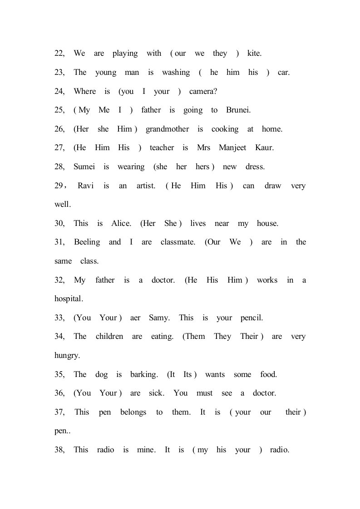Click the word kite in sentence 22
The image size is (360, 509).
[x=254, y=54]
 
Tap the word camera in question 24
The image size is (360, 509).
[x=203, y=91]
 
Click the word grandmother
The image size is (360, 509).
[x=167, y=129]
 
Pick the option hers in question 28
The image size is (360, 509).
[x=202, y=167]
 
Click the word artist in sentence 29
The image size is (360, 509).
[x=146, y=186]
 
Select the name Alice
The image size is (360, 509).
[x=121, y=224]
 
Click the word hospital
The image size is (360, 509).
[x=69, y=299]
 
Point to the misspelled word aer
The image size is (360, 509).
[x=135, y=318]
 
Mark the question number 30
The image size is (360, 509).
[x=59, y=224]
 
